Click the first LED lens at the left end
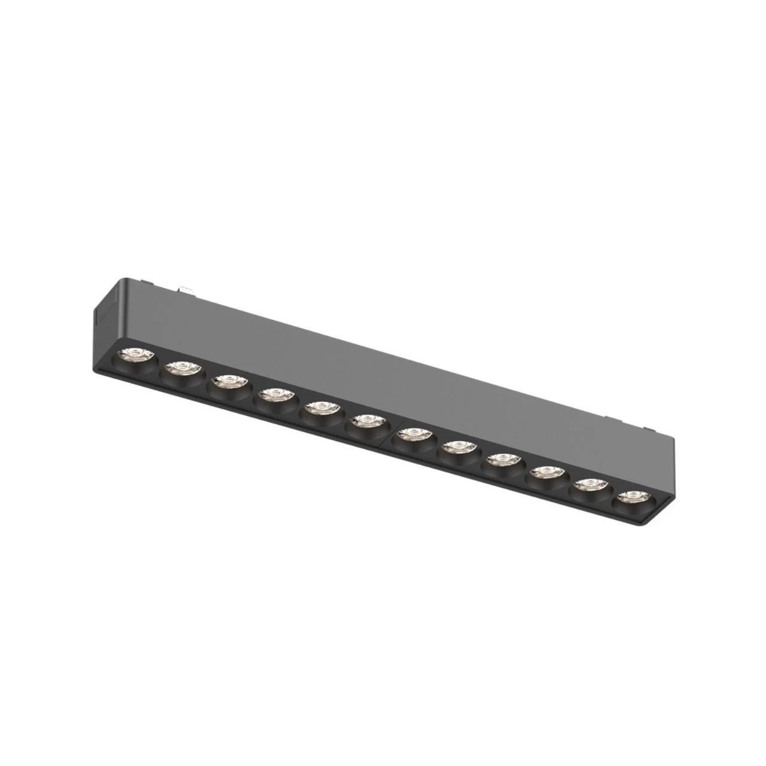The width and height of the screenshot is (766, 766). (135, 357)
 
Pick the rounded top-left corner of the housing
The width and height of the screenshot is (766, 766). (123, 281)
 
